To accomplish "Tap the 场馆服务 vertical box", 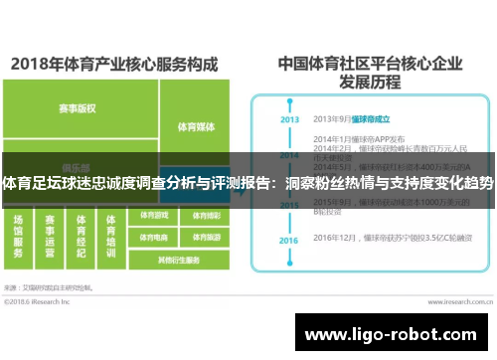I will (20, 236).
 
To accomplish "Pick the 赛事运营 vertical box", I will (51, 236).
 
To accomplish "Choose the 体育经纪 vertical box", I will (82, 236).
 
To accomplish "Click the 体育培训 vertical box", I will (111, 236).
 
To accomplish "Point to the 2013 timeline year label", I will (289, 119).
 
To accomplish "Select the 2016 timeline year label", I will (289, 241).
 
